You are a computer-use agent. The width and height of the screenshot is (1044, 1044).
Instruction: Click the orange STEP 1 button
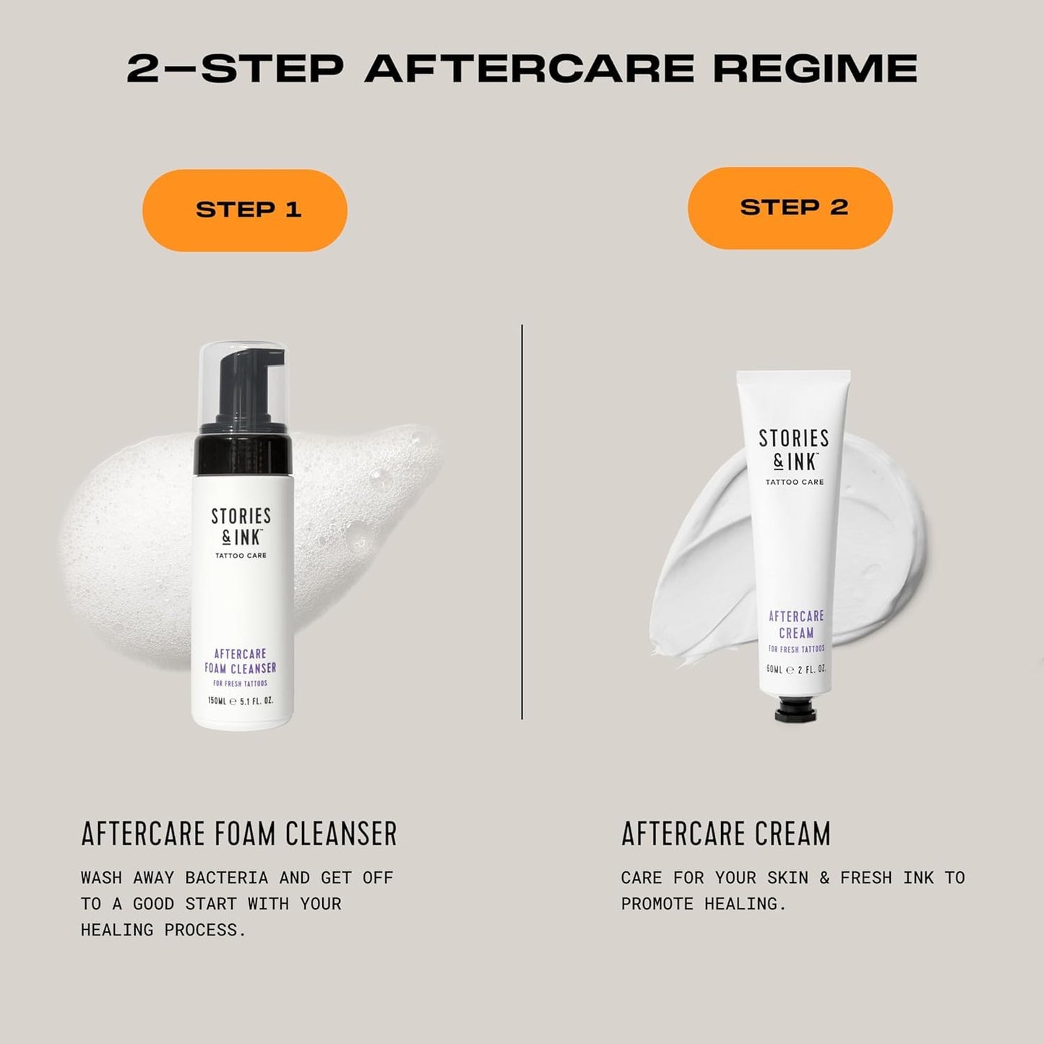pyautogui.click(x=245, y=210)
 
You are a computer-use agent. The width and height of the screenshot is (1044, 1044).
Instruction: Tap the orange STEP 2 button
pyautogui.click(x=790, y=208)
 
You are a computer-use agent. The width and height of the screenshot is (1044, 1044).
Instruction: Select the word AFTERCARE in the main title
pyautogui.click(x=529, y=69)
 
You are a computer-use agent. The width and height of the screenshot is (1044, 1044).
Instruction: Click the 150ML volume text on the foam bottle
pyautogui.click(x=217, y=701)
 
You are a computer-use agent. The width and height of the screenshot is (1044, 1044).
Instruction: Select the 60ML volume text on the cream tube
pyautogui.click(x=775, y=670)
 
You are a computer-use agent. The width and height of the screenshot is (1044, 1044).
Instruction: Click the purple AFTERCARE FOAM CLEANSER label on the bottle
pyautogui.click(x=241, y=661)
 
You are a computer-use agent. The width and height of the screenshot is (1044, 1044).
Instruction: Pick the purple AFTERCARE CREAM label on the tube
pyautogui.click(x=796, y=624)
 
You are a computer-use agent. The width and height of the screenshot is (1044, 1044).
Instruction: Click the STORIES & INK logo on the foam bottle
pyautogui.click(x=241, y=526)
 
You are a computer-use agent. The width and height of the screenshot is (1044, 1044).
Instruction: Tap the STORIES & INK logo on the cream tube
pyautogui.click(x=794, y=449)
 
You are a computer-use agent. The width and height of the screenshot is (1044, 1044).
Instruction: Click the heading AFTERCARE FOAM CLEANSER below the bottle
pyautogui.click(x=239, y=833)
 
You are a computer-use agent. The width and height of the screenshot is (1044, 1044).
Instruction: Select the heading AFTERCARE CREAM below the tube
pyautogui.click(x=725, y=833)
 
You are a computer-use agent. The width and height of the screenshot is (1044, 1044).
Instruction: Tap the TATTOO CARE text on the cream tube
pyautogui.click(x=794, y=482)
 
